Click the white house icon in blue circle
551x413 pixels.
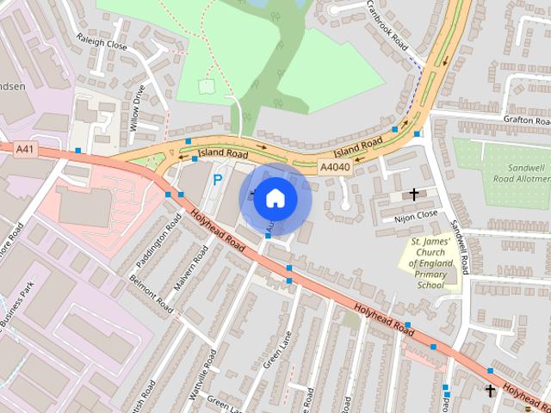click(275, 199)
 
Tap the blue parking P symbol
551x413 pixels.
click(218, 181)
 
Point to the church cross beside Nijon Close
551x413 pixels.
click(415, 194)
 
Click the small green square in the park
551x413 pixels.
click(206, 86)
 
